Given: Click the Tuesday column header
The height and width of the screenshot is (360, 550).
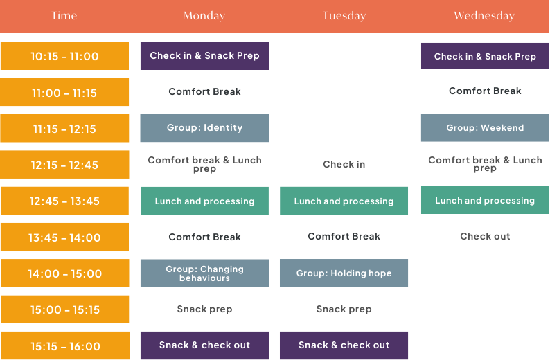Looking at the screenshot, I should [x=344, y=16].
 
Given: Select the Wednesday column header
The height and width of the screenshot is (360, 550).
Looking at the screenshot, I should [x=484, y=16].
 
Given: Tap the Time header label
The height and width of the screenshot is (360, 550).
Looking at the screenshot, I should [x=64, y=16].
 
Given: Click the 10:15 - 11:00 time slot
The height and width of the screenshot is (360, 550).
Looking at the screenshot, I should [x=64, y=56].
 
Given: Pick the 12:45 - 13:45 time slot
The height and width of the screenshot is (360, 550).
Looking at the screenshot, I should [x=64, y=201].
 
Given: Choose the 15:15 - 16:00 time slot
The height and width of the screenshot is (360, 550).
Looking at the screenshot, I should [x=64, y=345].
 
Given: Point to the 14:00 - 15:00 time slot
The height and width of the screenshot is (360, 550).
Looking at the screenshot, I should [x=64, y=273].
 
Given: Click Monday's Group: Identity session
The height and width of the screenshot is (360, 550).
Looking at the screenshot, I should [x=204, y=128].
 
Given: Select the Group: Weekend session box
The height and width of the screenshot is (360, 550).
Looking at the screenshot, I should [x=485, y=128].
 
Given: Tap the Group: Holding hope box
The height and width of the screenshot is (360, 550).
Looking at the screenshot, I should [x=344, y=273].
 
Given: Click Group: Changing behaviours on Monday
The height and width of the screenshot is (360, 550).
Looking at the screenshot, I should [x=204, y=273].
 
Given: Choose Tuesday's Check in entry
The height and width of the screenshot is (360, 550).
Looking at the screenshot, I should [x=344, y=164].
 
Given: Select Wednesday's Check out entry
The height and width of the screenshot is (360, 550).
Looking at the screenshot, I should [x=485, y=236].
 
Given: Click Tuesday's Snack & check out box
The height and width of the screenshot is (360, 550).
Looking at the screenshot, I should [x=344, y=345].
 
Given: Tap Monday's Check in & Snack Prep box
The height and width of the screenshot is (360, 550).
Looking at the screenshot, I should [x=204, y=56].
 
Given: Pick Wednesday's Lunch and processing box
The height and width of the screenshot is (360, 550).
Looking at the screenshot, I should [x=485, y=200].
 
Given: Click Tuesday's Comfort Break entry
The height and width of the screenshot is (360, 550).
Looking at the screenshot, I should [x=344, y=236].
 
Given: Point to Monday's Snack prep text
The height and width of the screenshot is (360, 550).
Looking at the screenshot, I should [x=204, y=309].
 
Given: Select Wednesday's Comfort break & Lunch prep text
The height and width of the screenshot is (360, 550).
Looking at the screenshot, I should [x=485, y=163].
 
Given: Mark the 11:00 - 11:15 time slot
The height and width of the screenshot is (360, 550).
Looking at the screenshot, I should [x=64, y=92].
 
